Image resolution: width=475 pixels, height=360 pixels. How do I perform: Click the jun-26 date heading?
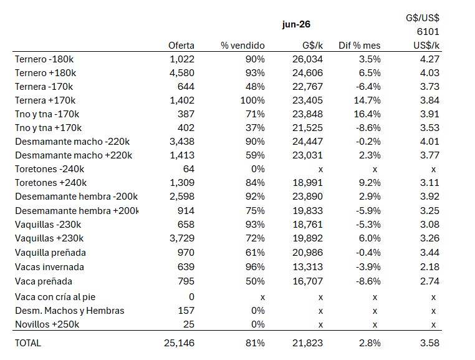click(296, 24)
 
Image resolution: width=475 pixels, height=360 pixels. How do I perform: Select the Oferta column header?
click(181, 46)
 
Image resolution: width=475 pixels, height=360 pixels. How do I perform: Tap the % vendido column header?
click(242, 46)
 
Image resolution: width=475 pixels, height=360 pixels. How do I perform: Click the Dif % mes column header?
click(359, 46)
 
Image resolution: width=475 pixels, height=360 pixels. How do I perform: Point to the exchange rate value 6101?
click(428, 32)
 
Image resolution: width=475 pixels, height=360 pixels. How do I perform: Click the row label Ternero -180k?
click(44, 59)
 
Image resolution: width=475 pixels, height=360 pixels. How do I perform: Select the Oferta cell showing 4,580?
click(182, 73)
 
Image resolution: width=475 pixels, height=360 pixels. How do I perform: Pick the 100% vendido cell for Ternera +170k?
click(252, 100)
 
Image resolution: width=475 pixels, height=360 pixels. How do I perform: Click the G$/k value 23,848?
click(307, 114)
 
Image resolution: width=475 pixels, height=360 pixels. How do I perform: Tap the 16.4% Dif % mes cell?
click(367, 114)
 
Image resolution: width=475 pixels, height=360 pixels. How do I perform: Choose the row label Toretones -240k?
click(50, 169)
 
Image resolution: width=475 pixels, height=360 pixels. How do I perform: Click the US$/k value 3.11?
click(429, 183)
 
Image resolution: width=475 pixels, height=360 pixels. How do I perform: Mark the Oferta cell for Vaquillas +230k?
click(182, 238)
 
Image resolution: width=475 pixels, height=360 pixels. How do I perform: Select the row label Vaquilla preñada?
click(50, 253)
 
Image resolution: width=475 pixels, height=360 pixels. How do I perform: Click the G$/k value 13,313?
click(307, 267)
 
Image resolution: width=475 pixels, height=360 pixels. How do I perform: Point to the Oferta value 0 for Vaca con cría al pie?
click(191, 296)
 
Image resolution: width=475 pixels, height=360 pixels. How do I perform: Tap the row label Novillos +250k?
click(47, 324)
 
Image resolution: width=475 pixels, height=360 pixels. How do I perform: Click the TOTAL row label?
click(28, 343)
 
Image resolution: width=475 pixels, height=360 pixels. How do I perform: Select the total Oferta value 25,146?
click(180, 343)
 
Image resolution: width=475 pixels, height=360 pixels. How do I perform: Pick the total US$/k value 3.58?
click(429, 343)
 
